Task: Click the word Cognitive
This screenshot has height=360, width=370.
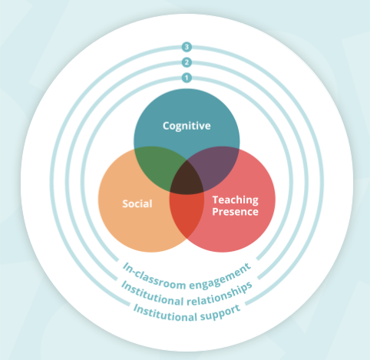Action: [x=186, y=124]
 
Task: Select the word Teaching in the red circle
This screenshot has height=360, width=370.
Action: [x=235, y=199]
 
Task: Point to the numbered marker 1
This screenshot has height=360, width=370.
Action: [x=186, y=78]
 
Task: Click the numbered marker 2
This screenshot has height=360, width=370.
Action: [x=186, y=63]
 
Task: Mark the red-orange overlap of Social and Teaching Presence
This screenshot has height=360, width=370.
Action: [x=187, y=215]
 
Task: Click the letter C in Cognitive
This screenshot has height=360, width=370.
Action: [x=166, y=124]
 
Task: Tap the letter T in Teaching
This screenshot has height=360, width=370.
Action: [x=215, y=199]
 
